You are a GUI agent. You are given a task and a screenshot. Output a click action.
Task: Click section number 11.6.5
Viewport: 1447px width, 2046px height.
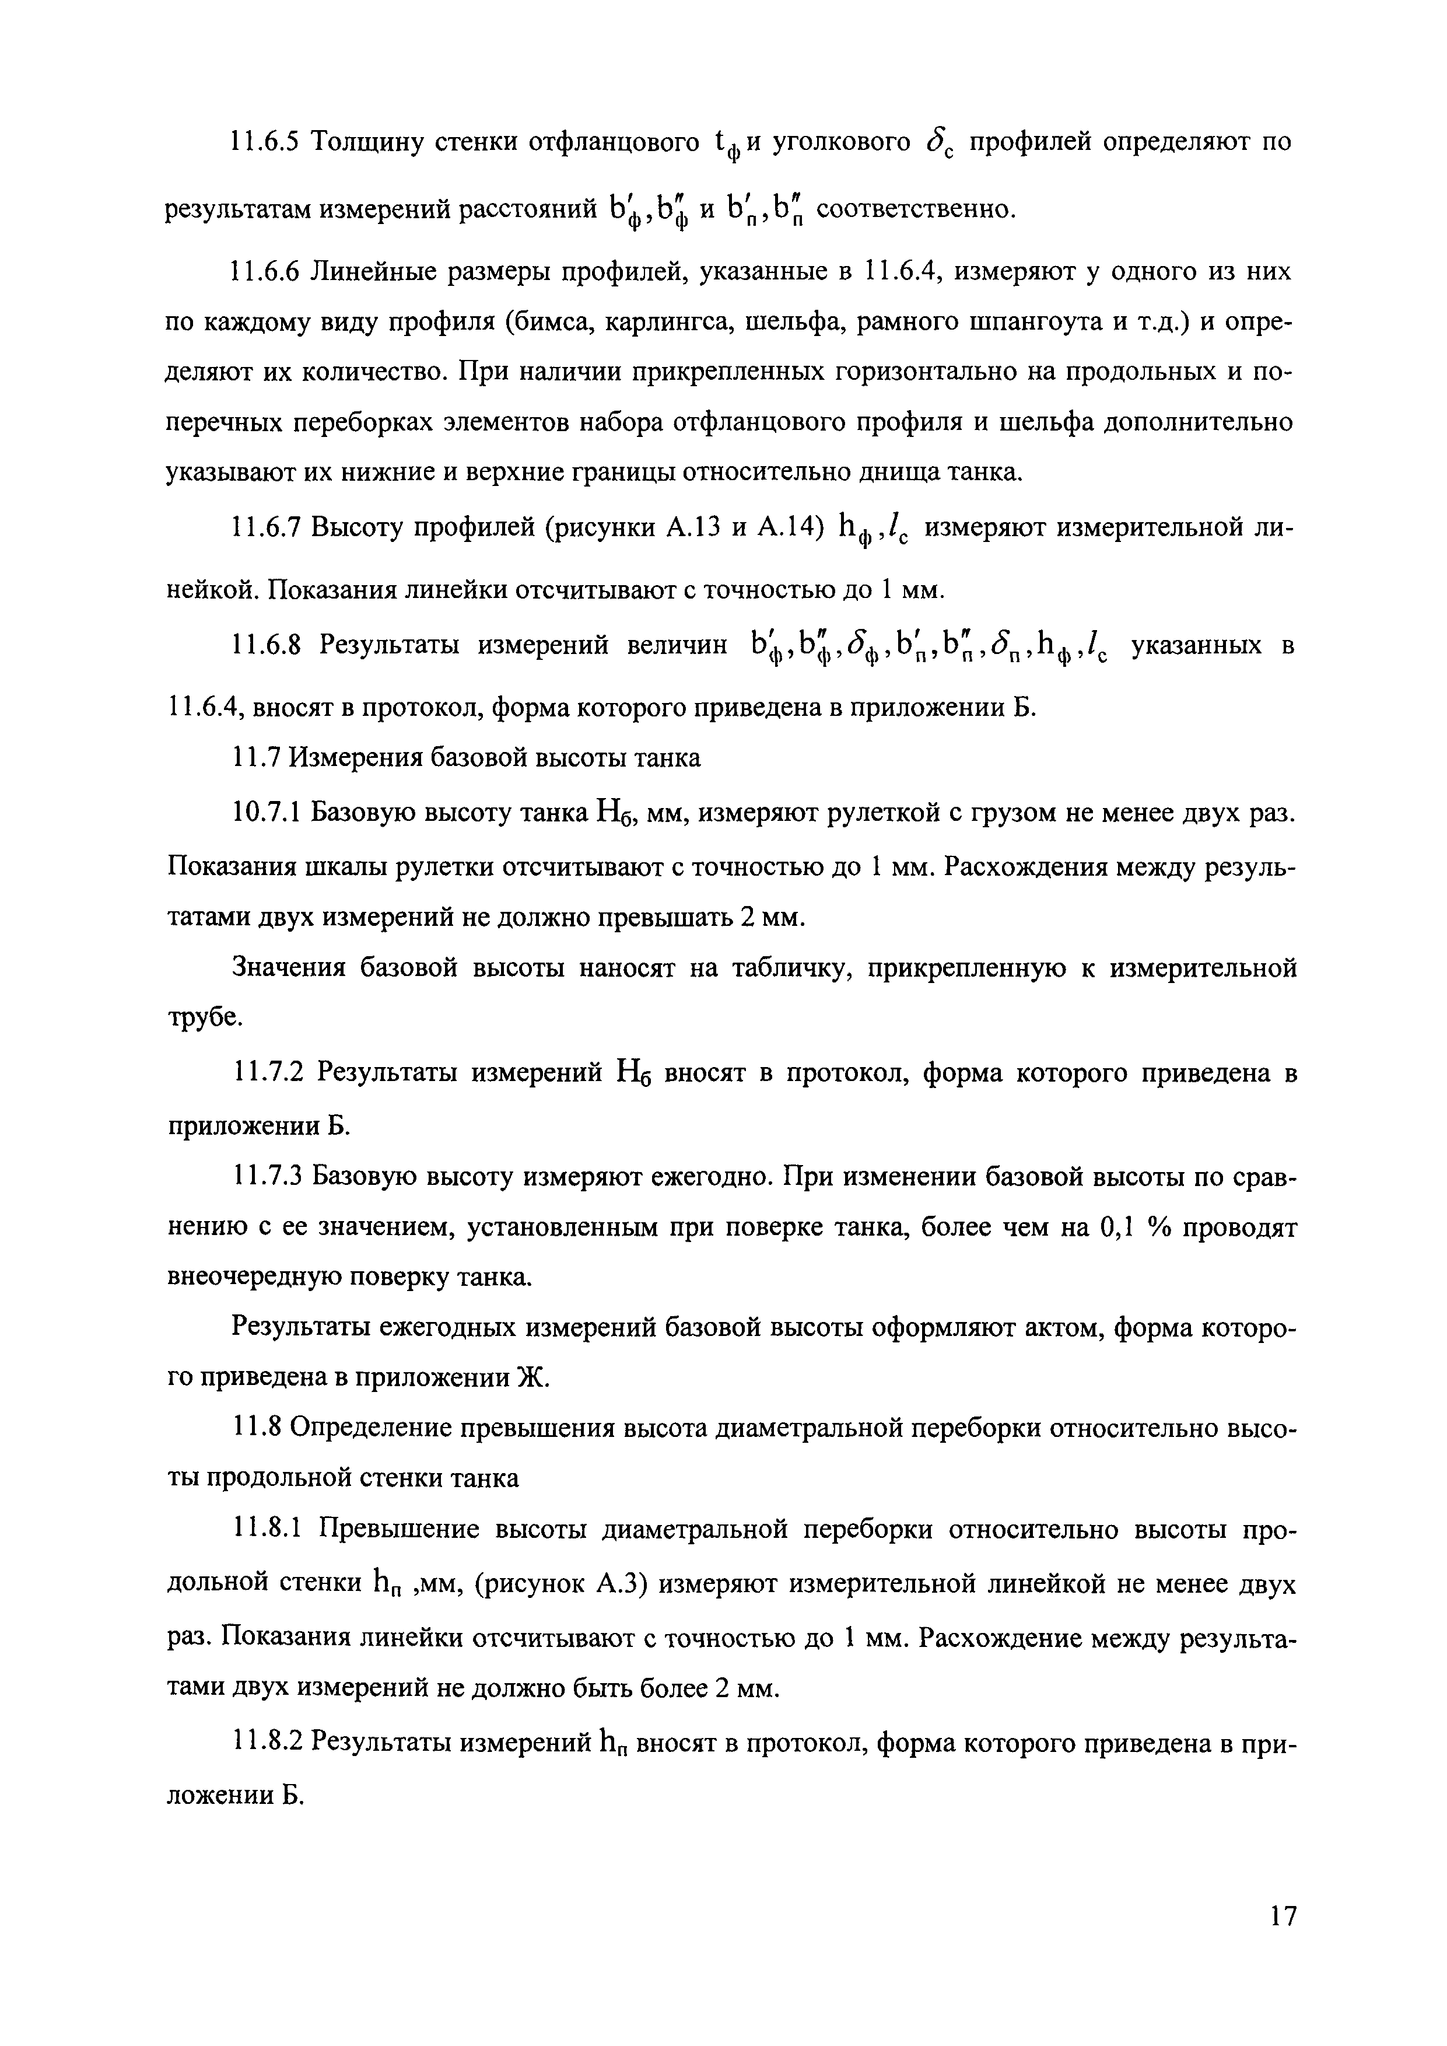pos(263,142)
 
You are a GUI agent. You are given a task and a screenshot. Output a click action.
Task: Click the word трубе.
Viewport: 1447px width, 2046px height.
pos(205,1017)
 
